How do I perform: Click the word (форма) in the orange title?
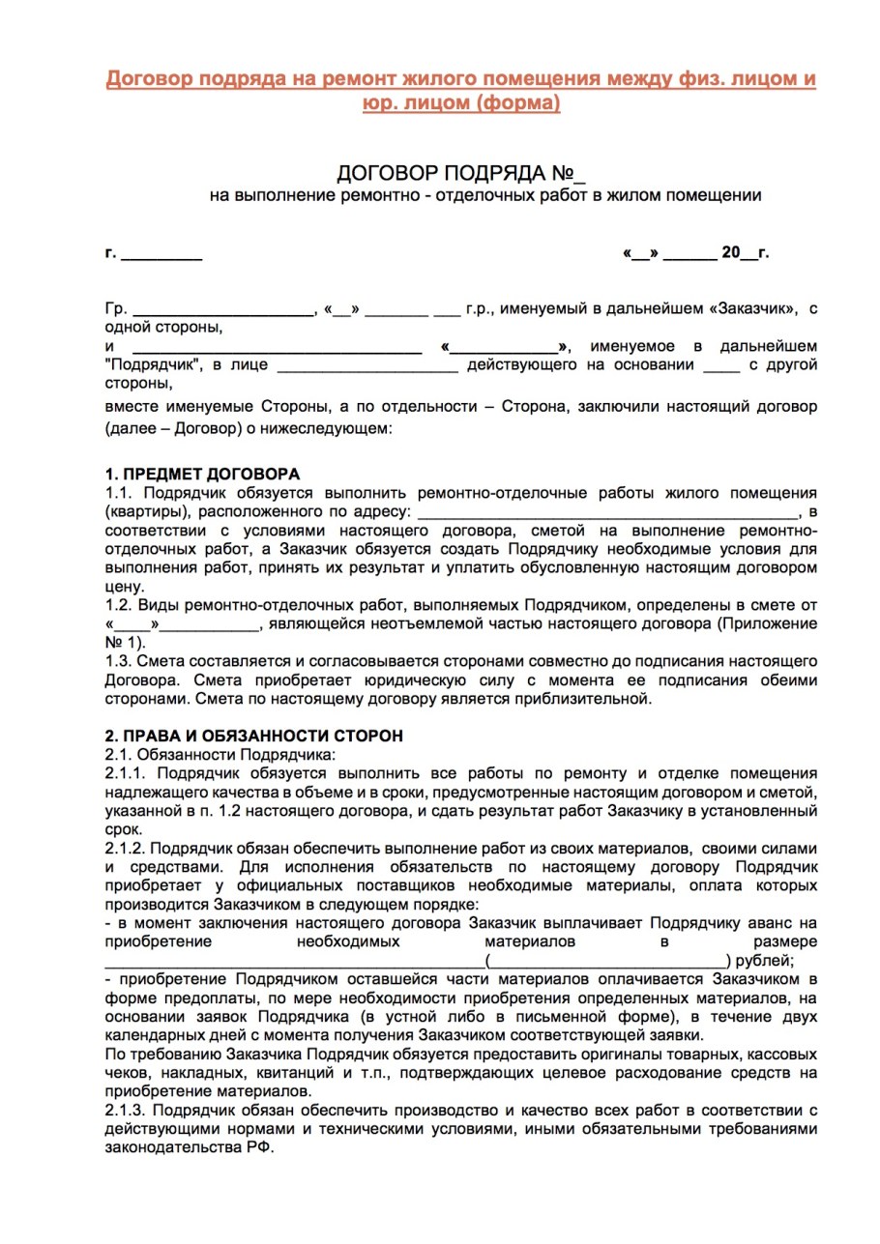pyautogui.click(x=511, y=101)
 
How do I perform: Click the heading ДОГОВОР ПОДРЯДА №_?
pyautogui.click(x=461, y=174)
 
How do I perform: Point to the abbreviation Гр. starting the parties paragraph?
pyautogui.click(x=115, y=310)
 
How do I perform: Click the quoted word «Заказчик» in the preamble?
pyautogui.click(x=752, y=310)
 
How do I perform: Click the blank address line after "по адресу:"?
pyautogui.click(x=609, y=510)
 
